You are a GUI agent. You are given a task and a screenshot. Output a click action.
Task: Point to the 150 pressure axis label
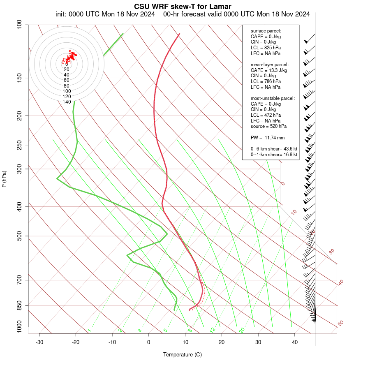point(19,78)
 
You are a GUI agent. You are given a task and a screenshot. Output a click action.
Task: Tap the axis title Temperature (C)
point(183,354)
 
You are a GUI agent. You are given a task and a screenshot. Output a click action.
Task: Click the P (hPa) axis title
point(4,179)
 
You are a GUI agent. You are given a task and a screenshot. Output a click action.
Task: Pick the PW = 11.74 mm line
point(268,137)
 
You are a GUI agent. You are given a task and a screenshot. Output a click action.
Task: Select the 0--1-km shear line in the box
point(274,155)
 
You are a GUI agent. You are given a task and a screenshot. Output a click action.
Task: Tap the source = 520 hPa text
point(268,126)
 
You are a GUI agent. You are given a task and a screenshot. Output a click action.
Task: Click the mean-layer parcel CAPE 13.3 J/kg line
point(269,70)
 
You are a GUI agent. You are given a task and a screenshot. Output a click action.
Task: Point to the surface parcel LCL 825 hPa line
point(266,48)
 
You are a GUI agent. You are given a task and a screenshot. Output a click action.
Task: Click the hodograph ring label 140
point(67,102)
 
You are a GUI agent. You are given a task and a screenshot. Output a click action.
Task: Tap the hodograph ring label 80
point(67,86)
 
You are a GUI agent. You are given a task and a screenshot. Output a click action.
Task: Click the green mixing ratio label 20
point(242,330)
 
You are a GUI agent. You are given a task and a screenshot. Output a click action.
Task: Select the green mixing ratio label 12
point(213,330)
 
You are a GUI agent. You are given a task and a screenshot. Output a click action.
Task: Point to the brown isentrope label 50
point(340,324)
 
